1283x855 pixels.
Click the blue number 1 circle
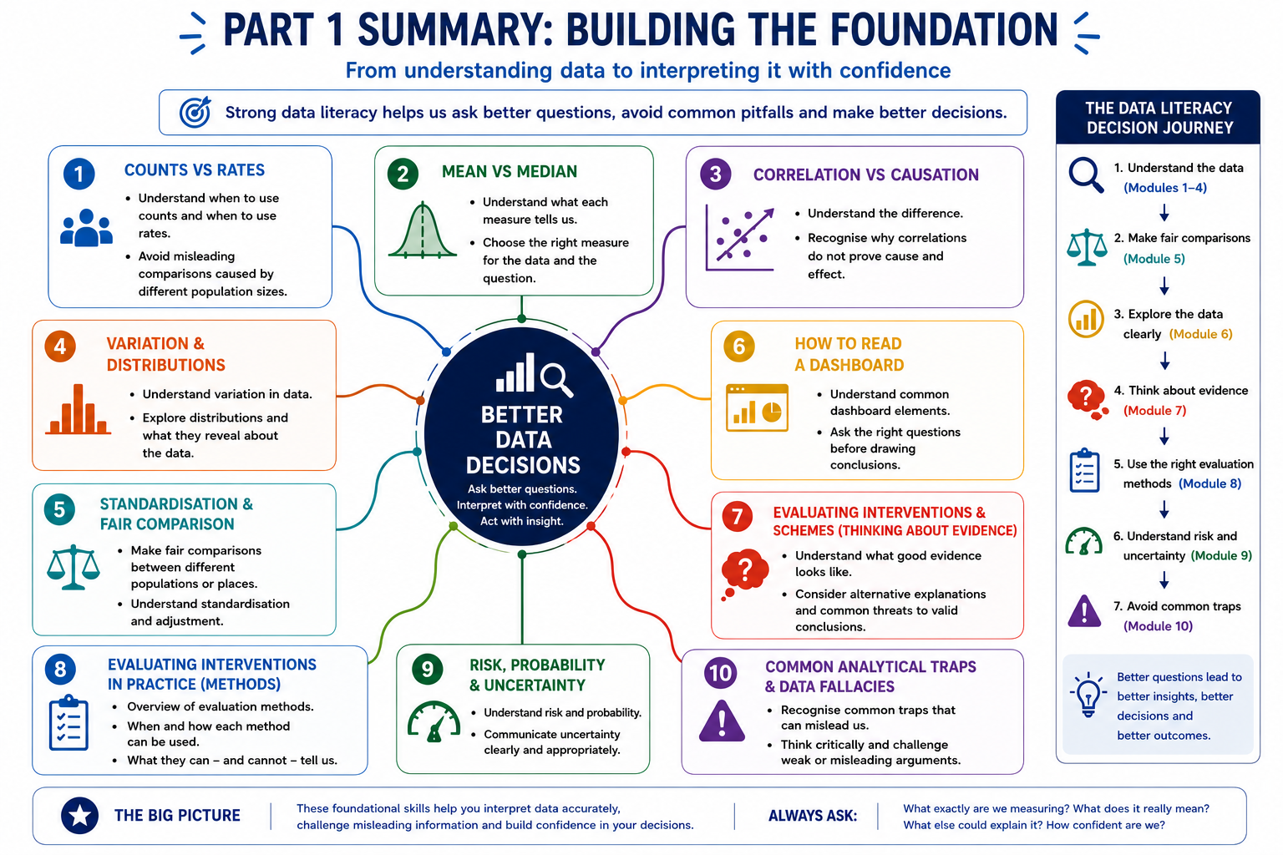tap(79, 174)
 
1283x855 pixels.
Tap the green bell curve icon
tap(423, 230)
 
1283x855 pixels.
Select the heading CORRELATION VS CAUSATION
tap(865, 175)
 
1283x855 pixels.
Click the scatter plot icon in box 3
tap(740, 237)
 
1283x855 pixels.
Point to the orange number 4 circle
tap(60, 347)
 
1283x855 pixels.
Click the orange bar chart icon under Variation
tap(78, 409)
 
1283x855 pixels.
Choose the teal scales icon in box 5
tap(74, 567)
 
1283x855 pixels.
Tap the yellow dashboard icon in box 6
tap(757, 407)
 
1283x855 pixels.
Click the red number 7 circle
tap(738, 517)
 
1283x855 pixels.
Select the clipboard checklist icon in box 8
tap(68, 723)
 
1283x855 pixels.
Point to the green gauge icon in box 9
tap(434, 721)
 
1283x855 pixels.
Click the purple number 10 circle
tap(721, 673)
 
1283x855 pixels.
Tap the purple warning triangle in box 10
tap(722, 721)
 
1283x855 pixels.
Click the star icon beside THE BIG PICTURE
tap(79, 816)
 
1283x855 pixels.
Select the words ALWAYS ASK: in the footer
tap(812, 816)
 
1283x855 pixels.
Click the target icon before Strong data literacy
tap(195, 112)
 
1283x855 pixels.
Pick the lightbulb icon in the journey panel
tap(1088, 695)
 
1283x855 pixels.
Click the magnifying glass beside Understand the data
tap(1086, 175)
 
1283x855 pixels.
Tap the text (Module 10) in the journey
tap(1158, 626)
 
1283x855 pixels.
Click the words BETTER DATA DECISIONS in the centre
tap(522, 440)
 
